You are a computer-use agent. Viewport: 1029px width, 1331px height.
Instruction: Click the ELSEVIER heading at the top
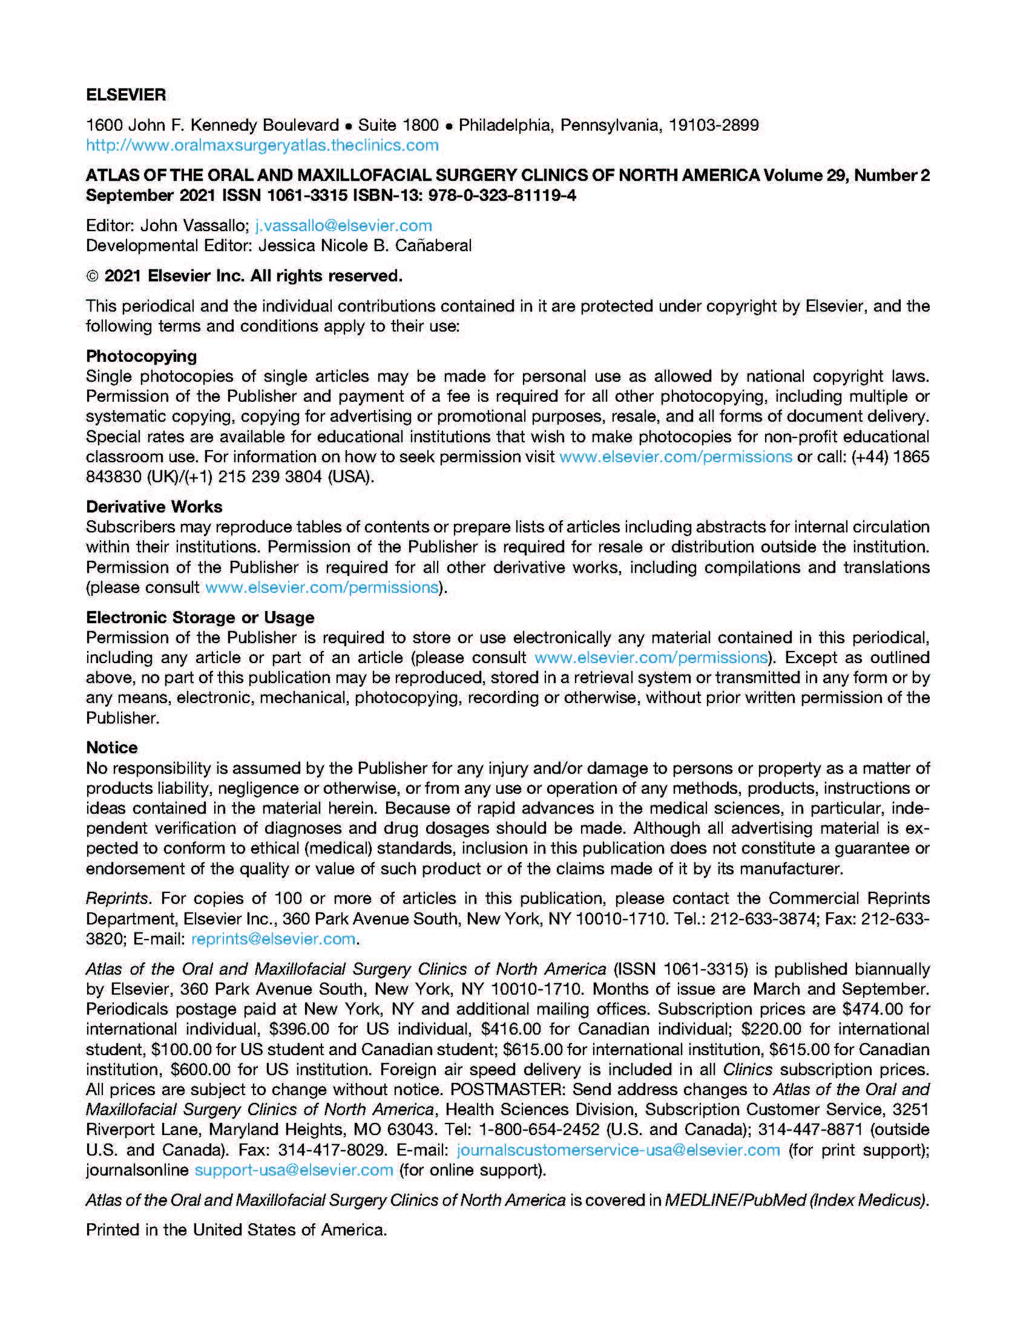click(x=125, y=95)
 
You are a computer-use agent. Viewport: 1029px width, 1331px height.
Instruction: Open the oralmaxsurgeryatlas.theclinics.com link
click(x=262, y=145)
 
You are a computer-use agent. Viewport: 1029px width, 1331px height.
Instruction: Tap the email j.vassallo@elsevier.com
click(x=343, y=226)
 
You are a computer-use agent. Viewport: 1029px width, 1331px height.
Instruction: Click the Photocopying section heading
click(x=142, y=356)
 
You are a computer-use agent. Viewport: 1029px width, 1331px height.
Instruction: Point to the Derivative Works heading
click(x=154, y=506)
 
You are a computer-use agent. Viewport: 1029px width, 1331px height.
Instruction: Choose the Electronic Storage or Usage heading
click(x=200, y=617)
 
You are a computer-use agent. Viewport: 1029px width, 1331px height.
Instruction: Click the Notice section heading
click(x=111, y=747)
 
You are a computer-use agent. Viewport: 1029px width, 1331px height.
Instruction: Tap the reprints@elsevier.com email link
click(x=273, y=938)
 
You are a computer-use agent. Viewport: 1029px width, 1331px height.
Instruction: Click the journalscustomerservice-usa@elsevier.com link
click(x=618, y=1150)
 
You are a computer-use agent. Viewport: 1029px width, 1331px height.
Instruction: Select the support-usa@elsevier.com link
click(x=294, y=1170)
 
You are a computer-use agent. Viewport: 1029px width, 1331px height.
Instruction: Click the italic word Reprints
click(x=117, y=898)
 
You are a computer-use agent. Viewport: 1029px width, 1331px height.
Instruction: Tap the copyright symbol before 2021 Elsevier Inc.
click(x=92, y=276)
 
